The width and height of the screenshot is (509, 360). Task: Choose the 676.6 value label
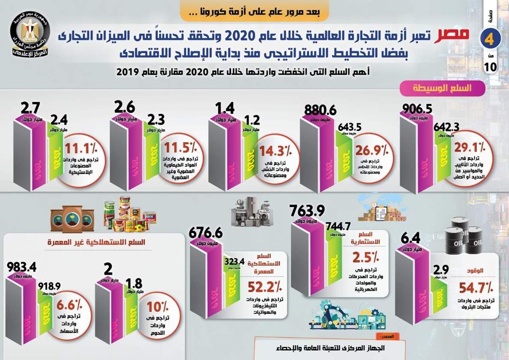pos(207,233)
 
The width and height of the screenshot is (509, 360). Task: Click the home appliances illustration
pos(252,211)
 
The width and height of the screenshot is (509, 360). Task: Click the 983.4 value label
pos(21,267)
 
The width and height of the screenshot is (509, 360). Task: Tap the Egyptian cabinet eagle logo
pos(30,35)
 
